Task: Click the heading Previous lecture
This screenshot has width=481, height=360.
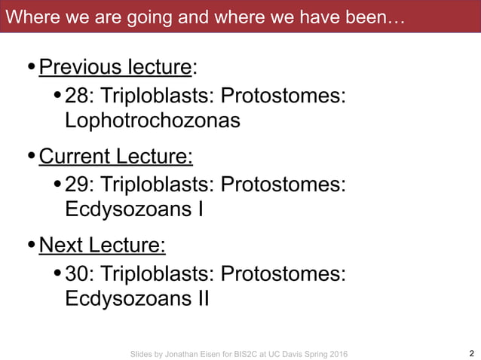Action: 115,68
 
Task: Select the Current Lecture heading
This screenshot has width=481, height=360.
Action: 115,157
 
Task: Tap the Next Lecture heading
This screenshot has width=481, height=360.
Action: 102,246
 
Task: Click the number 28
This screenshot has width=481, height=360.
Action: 76,96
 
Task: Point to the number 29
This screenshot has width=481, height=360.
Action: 76,185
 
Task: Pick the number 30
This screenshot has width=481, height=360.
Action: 76,274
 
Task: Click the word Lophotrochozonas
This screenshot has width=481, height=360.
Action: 152,121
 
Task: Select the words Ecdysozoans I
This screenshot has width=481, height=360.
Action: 134,209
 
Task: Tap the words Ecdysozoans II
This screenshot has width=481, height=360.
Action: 137,298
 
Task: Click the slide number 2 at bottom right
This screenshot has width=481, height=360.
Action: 471,353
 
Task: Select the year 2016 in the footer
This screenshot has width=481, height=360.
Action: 338,354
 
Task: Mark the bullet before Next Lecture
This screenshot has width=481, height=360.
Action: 31,247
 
